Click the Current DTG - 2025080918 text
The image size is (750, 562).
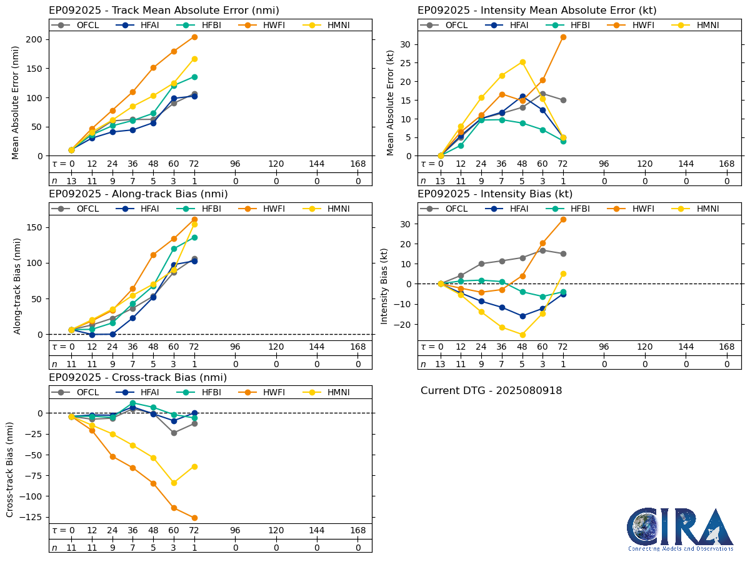coord(491,391)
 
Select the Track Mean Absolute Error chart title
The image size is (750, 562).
coord(164,11)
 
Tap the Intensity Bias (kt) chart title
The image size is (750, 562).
coord(495,194)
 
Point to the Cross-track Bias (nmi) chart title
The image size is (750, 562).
coord(137,378)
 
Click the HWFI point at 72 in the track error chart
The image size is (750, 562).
coord(194,37)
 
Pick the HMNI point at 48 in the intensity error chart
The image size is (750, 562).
coord(522,62)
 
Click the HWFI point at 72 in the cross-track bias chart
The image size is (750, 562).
coord(194,518)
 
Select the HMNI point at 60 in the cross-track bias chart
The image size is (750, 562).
coord(174,483)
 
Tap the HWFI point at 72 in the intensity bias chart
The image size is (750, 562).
coord(563,219)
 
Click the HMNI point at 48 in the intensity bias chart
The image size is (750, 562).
coord(522,335)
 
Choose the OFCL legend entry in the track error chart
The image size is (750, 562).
coord(79,25)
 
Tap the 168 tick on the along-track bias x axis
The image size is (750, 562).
coord(358,347)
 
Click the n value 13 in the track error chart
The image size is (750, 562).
coord(71,180)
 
